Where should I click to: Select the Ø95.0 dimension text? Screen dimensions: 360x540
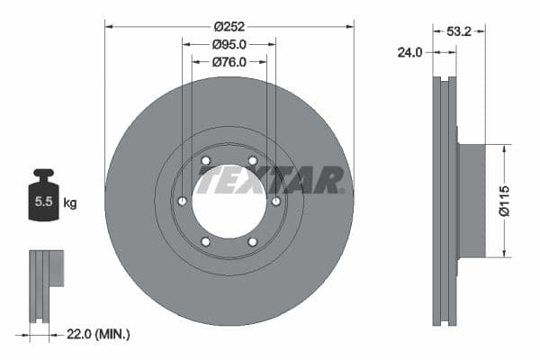click(229, 43)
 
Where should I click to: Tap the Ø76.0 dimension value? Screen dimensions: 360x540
click(229, 62)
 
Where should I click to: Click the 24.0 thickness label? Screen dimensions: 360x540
click(410, 53)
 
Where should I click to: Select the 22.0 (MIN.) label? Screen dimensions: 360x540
click(99, 334)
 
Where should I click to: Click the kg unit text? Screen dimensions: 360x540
click(70, 203)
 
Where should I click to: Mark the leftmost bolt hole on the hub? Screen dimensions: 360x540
click(183, 202)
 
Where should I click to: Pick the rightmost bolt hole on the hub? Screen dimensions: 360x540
click(275, 202)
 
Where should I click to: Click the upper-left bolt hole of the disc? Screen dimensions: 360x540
click(206, 162)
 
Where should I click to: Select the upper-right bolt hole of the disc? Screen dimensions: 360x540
click(252, 162)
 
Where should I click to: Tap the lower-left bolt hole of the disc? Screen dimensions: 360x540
click(206, 241)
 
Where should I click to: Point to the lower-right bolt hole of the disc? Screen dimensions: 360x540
click(252, 241)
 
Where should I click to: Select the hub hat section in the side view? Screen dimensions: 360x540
click(472, 200)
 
